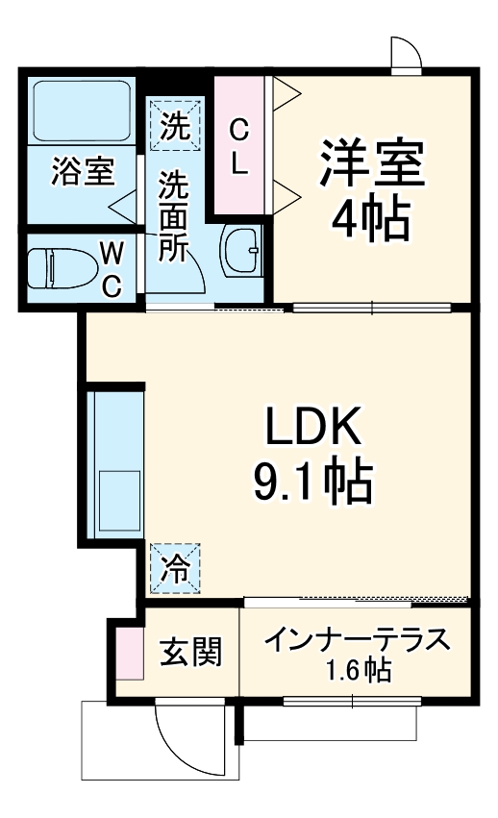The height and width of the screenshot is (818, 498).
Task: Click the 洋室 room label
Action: (372, 165)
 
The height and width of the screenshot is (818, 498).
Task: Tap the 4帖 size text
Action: (372, 221)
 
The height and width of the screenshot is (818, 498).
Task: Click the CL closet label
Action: (240, 145)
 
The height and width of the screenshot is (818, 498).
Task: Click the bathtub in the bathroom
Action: (81, 110)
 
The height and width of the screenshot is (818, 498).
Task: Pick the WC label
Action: (112, 269)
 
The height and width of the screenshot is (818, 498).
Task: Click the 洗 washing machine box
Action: (175, 125)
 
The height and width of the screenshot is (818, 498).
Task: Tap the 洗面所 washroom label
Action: (174, 216)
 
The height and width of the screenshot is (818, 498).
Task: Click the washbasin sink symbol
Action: (241, 253)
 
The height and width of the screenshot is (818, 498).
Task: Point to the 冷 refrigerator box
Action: (176, 568)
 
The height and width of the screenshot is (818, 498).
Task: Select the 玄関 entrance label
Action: (190, 653)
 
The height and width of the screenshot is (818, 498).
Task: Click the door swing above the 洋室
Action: (406, 54)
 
